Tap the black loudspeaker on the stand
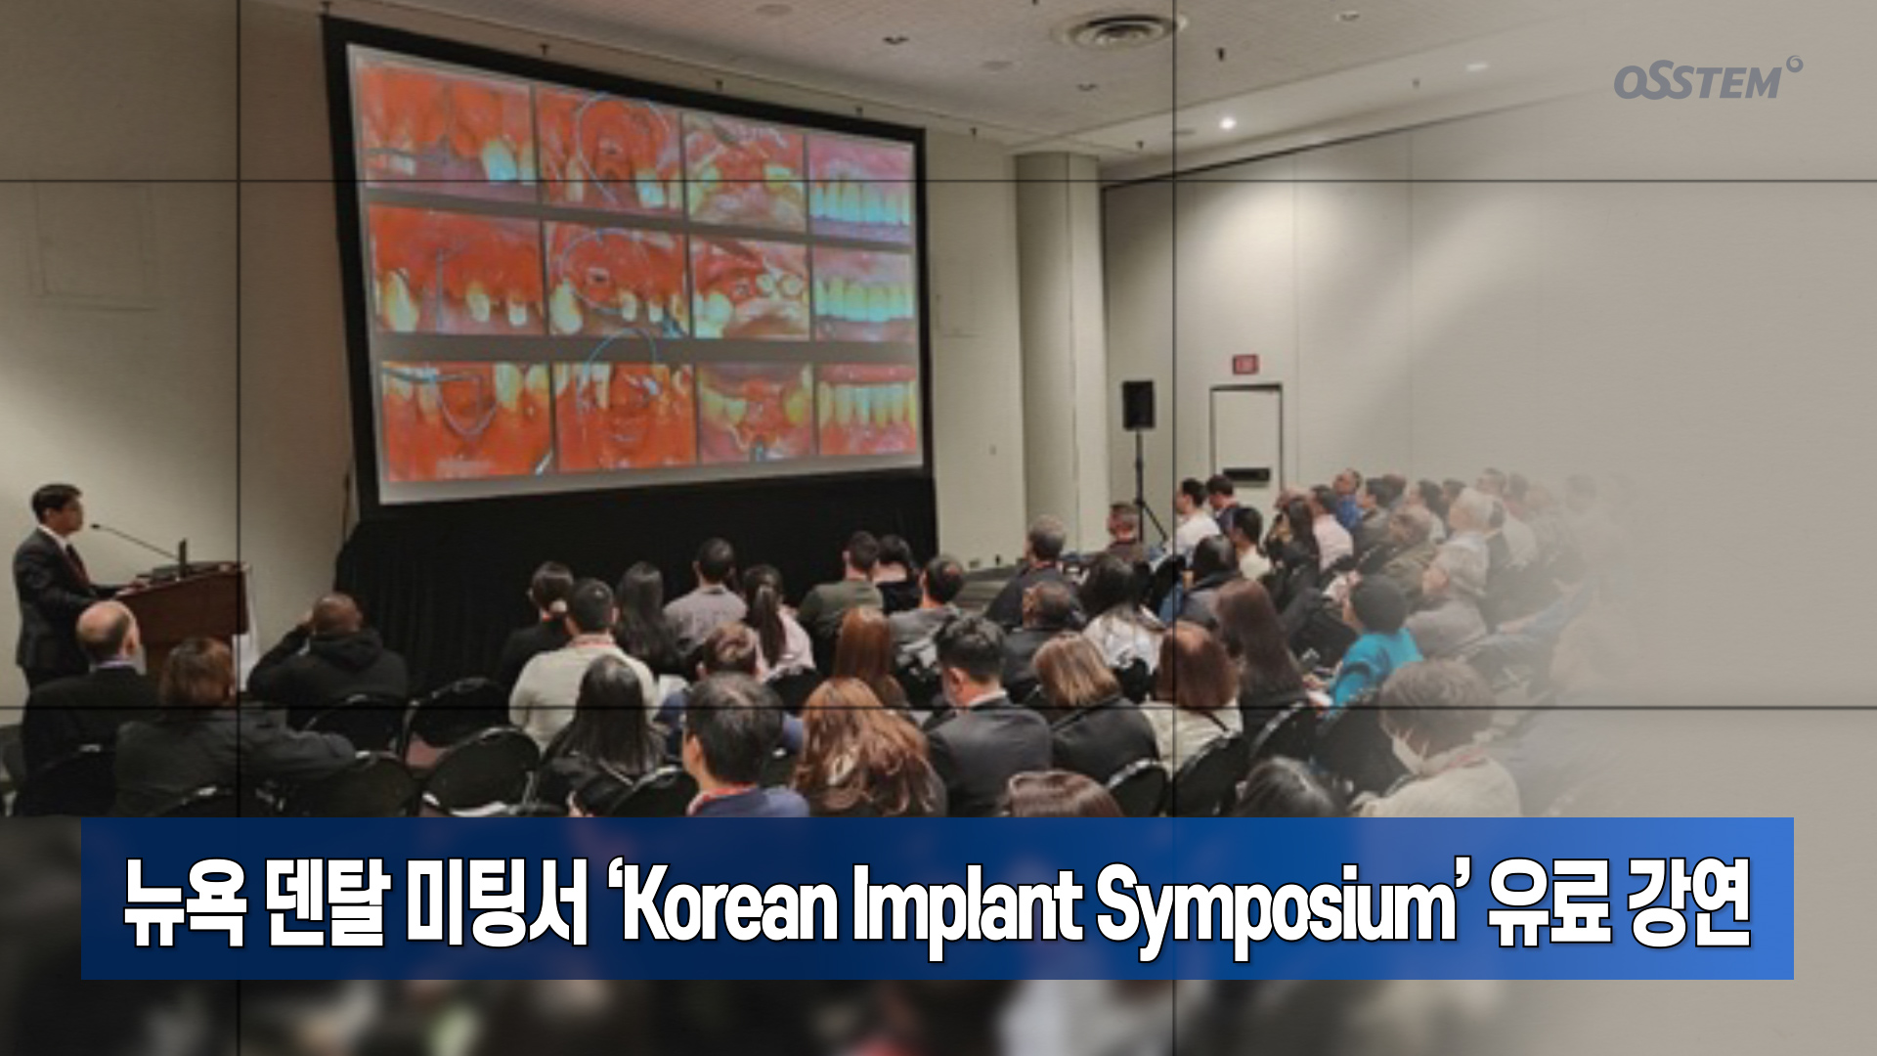pyautogui.click(x=1138, y=404)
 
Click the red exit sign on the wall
pyautogui.click(x=1244, y=364)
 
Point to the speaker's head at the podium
pyautogui.click(x=56, y=505)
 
